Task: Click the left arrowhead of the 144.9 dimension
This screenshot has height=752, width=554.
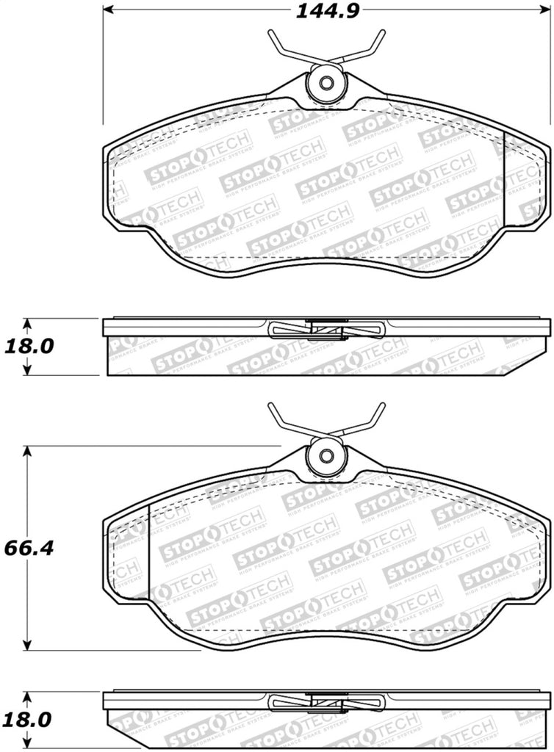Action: pos(107,10)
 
